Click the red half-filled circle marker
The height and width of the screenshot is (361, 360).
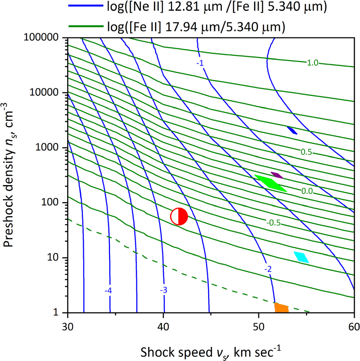[x=179, y=217]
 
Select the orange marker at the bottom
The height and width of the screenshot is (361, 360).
[x=282, y=308]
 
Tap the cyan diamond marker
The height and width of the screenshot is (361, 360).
[x=301, y=257]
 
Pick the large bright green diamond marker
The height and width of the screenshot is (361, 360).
[x=271, y=183]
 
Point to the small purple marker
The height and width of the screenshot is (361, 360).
[x=277, y=175]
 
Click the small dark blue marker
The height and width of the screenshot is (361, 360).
[x=292, y=130]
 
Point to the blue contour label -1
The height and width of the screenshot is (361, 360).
[x=200, y=63]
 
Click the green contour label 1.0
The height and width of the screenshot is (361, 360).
[x=312, y=63]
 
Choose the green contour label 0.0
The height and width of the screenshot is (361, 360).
[x=307, y=191]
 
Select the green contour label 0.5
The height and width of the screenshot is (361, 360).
[x=306, y=152]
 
